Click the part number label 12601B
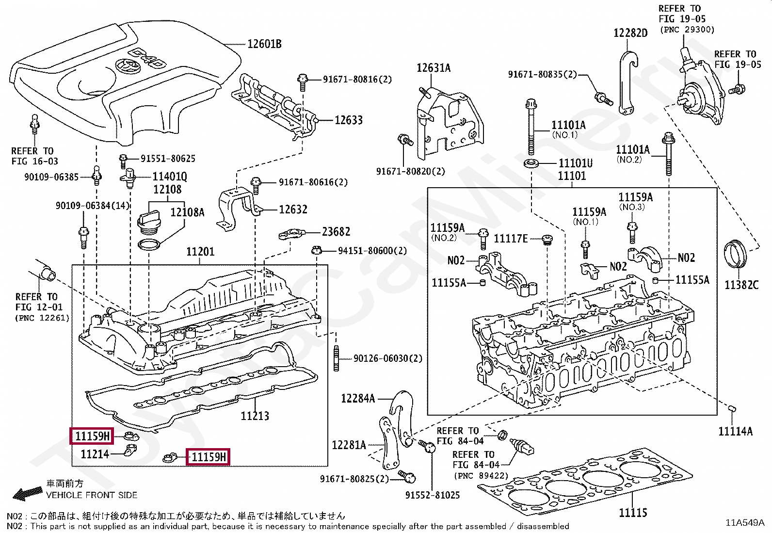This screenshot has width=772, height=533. [264, 44]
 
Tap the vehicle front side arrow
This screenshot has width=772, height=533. [27, 494]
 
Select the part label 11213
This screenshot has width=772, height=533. [255, 416]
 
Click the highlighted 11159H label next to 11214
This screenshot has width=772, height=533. [92, 436]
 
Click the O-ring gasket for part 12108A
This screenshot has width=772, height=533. [148, 244]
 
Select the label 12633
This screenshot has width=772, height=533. [349, 120]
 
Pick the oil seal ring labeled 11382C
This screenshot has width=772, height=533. [736, 254]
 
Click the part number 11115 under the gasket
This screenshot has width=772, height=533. [633, 513]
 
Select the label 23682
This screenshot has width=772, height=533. [336, 232]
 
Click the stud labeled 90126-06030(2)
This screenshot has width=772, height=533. [336, 359]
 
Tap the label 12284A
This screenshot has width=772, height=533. [358, 399]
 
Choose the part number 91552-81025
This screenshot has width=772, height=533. [433, 495]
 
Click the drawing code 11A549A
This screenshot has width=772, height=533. [744, 522]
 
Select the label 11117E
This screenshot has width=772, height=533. [511, 239]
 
